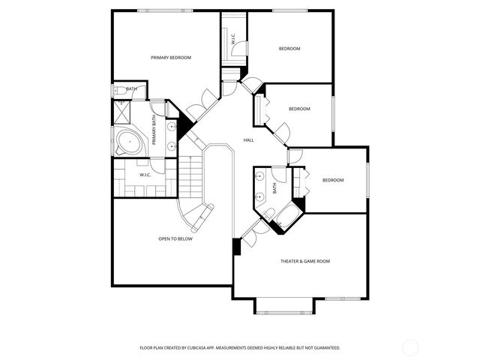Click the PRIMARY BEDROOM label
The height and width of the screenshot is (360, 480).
[171, 58]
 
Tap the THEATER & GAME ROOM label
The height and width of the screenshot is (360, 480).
[305, 261]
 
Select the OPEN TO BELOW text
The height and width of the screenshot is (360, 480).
[175, 238]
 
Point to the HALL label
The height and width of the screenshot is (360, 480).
[248, 140]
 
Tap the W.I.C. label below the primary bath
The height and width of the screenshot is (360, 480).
[145, 175]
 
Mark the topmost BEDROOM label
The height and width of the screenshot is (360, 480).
[289, 49]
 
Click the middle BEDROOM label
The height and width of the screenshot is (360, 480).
[299, 109]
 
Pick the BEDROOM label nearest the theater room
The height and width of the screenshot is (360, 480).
[333, 180]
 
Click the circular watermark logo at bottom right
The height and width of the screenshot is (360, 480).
[410, 347]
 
